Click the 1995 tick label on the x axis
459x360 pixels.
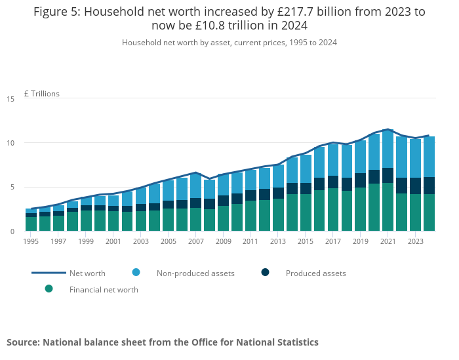click(x=31, y=241)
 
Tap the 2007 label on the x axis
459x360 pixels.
click(x=195, y=241)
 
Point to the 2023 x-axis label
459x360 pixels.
click(x=415, y=241)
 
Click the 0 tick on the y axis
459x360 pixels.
click(x=12, y=231)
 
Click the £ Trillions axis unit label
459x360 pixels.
click(x=42, y=94)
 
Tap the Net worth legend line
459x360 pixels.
click(x=49, y=273)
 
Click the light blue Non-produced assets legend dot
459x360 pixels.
click(x=136, y=273)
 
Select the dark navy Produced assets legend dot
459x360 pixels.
click(x=266, y=273)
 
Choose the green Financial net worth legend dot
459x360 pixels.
click(x=49, y=289)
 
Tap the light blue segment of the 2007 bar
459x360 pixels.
click(x=195, y=186)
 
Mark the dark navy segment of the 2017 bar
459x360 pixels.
click(x=333, y=182)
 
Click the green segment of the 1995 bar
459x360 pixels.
click(x=31, y=224)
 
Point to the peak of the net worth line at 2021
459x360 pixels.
click(x=388, y=129)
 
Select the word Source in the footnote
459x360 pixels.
click(x=23, y=342)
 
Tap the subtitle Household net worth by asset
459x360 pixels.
click(x=177, y=42)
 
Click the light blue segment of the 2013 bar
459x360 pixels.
click(x=278, y=176)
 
